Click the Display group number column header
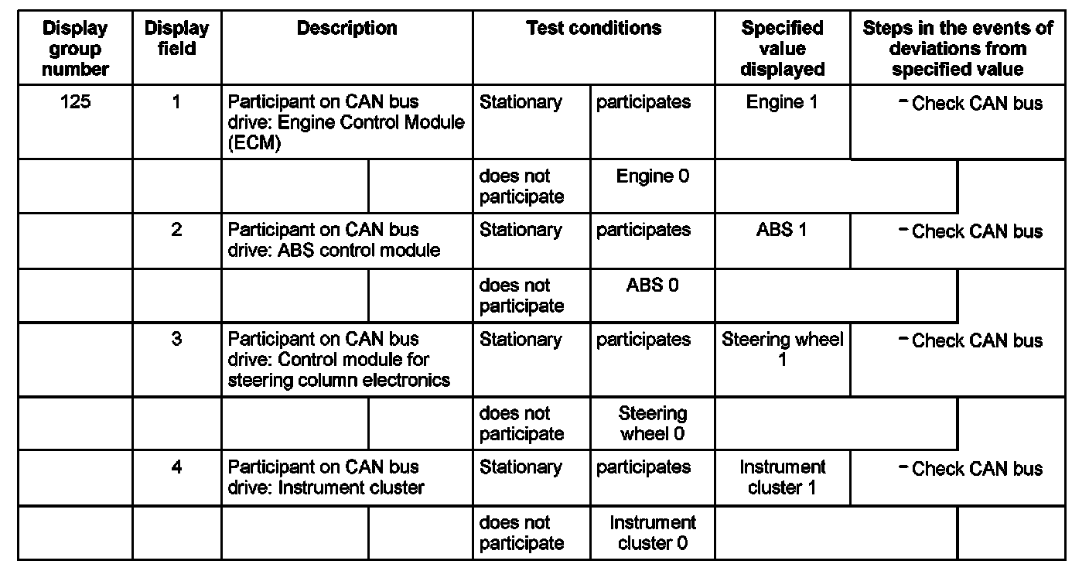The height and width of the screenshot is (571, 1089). point(75,48)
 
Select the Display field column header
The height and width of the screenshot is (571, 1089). point(176,38)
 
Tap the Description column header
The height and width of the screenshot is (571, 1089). point(346,29)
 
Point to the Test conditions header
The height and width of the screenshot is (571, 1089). point(593,29)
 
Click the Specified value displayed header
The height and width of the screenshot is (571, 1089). point(782,48)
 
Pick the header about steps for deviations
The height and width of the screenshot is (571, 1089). point(957,48)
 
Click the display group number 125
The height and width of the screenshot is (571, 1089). point(75,102)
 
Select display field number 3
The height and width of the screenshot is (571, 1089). point(176,340)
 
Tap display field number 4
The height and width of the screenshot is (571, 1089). point(176,467)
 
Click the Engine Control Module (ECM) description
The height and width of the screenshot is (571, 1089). point(346,122)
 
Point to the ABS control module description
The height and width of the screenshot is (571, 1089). point(334,240)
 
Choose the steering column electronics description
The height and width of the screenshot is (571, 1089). point(339,360)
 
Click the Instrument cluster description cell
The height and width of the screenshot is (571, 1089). point(326,477)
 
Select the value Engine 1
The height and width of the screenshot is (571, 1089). point(781,102)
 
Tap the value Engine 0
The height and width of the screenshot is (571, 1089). point(652,176)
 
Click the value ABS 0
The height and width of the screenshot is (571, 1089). point(652,285)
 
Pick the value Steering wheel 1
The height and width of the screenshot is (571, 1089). point(782,350)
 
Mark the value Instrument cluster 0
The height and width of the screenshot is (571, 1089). point(652,532)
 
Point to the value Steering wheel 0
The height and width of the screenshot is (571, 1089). point(652,423)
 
